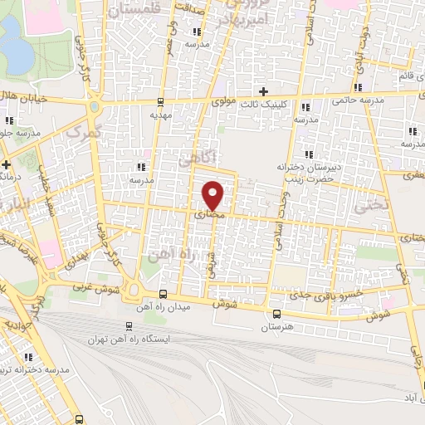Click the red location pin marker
coord(213,194)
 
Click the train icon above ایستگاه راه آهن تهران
coord(129,326)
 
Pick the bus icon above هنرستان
coord(276,315)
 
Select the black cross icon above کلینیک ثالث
coord(263,90)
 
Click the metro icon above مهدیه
coord(160,102)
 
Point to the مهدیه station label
coord(160,116)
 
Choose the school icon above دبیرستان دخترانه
coord(308,154)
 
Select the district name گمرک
coord(82,132)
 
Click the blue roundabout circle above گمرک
coord(95,107)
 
